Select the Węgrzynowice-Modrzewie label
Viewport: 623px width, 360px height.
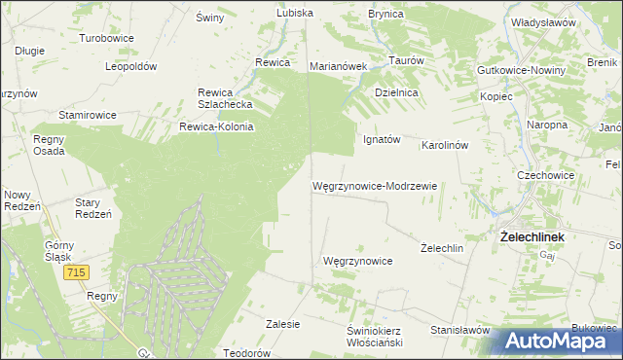[375, 185]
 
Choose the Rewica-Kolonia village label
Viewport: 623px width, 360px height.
[216, 126]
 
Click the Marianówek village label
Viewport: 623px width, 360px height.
[337, 66]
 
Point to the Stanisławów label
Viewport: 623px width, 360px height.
[458, 330]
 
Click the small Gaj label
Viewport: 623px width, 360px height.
[546, 253]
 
